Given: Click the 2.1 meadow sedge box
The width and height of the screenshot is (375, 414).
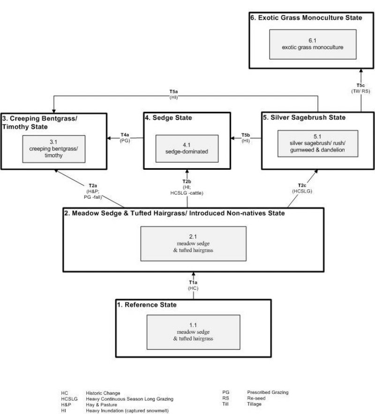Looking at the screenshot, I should [194, 244].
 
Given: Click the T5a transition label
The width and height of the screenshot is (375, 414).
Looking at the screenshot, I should [173, 94].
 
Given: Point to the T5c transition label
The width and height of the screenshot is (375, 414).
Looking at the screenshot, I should [360, 85].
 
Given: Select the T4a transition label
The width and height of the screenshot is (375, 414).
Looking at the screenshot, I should [125, 135].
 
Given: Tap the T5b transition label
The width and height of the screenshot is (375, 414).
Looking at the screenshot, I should [246, 135].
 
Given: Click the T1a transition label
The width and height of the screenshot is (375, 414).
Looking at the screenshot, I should [193, 283].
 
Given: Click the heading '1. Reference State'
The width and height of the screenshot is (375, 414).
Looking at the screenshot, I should [147, 305].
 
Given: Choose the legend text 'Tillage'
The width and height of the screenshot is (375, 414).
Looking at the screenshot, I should [255, 404].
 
